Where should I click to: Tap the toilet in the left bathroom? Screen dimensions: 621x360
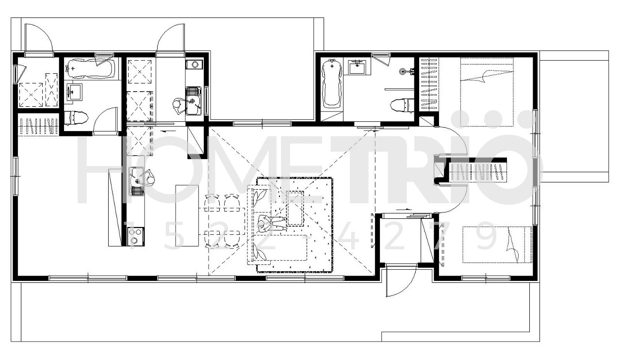76,118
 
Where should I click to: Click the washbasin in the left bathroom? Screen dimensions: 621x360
74,92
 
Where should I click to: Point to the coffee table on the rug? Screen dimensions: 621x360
295,208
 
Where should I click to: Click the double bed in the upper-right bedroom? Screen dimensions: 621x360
487,92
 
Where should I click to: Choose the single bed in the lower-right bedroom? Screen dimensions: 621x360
497,245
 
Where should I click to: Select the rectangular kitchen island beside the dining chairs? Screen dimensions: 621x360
187,215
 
